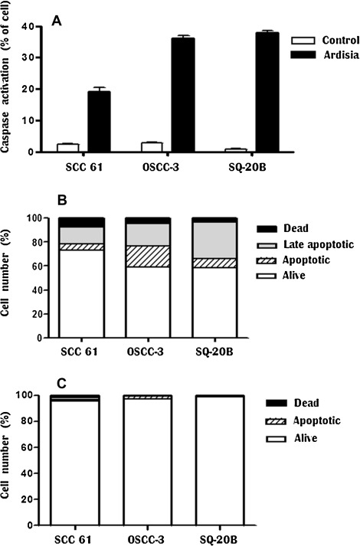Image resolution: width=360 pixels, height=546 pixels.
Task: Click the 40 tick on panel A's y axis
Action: click(26, 27)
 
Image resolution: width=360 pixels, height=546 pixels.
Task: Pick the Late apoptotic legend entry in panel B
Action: click(306, 241)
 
